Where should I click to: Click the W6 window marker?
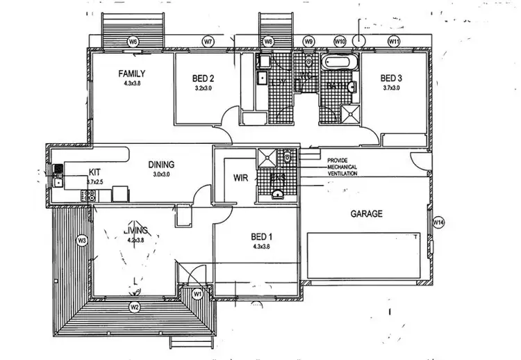tap(133, 42)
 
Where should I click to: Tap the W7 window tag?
tap(208, 42)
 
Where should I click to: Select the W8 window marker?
tap(268, 42)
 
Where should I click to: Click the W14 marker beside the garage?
tap(438, 222)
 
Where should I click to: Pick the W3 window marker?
tap(81, 240)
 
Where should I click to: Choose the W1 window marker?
tap(197, 294)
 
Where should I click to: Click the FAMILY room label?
tap(132, 74)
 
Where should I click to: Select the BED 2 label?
tap(203, 79)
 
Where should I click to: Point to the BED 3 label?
tap(392, 78)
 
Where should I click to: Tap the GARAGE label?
tap(366, 214)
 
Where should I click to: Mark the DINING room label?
tap(160, 165)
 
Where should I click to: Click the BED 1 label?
tap(263, 236)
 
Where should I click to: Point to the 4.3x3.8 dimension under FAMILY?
tap(132, 83)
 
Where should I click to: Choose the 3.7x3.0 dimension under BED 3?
tap(393, 88)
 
